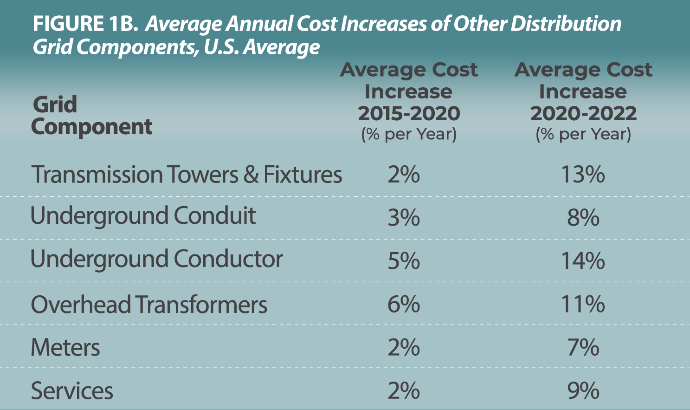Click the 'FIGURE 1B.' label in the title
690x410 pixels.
85,24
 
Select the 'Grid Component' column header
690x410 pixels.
91,116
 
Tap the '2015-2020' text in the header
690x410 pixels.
409,113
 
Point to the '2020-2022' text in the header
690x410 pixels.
583,113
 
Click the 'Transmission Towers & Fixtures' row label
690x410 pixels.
186,175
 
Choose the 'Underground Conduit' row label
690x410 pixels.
143,216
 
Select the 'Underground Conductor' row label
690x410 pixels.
156,259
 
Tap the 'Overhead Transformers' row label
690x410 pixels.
149,305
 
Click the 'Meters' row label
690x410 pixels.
65,348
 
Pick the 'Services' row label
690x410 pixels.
72,391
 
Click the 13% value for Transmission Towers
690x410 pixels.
583,175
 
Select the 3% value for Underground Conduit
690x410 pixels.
404,217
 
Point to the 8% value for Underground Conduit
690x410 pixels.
583,217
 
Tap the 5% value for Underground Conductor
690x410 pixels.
404,260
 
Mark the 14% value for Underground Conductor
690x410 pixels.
583,260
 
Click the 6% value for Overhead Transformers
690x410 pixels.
404,305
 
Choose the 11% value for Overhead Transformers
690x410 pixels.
583,305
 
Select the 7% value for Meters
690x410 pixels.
583,348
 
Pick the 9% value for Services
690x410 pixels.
583,391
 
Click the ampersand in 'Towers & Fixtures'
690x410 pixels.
251,175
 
